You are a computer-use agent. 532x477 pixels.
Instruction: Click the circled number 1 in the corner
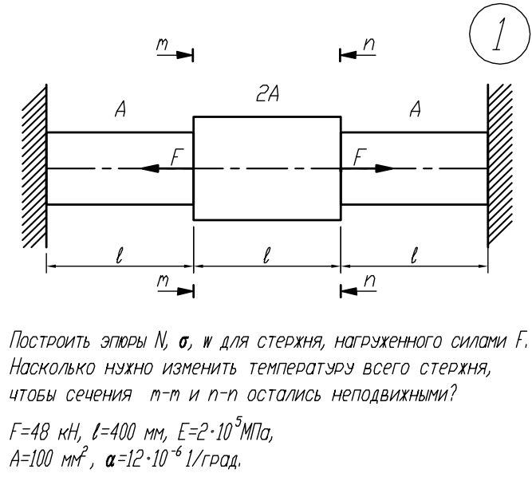[x=500, y=34]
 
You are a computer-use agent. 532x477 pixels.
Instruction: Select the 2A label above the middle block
[x=267, y=94]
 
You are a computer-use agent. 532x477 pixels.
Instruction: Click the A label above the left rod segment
[x=120, y=109]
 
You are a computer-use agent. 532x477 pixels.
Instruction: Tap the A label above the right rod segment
[x=415, y=109]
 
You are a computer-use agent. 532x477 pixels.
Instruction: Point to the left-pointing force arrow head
[x=150, y=168]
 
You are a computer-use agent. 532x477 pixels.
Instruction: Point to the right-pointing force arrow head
[x=384, y=168]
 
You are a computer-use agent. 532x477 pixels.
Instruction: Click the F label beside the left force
[x=177, y=157]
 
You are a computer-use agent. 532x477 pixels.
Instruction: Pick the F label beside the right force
[x=360, y=157]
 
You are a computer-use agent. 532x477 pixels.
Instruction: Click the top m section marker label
[x=162, y=45]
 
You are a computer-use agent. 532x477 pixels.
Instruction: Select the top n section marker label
[x=369, y=45]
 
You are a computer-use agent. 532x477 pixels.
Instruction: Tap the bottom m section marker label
[x=163, y=282]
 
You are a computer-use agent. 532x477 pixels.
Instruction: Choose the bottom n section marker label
[x=369, y=282]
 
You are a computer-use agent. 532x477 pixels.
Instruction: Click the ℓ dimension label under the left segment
[x=119, y=255]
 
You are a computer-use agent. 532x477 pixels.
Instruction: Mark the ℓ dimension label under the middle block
[x=266, y=255]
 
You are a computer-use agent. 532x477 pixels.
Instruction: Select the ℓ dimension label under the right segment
[x=414, y=255]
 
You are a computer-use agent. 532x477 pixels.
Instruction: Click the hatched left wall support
[x=34, y=166]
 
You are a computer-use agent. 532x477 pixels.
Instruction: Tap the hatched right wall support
[x=500, y=166]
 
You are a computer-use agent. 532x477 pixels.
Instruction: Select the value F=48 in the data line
[x=30, y=432]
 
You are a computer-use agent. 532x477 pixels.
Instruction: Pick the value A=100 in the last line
[x=33, y=459]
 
